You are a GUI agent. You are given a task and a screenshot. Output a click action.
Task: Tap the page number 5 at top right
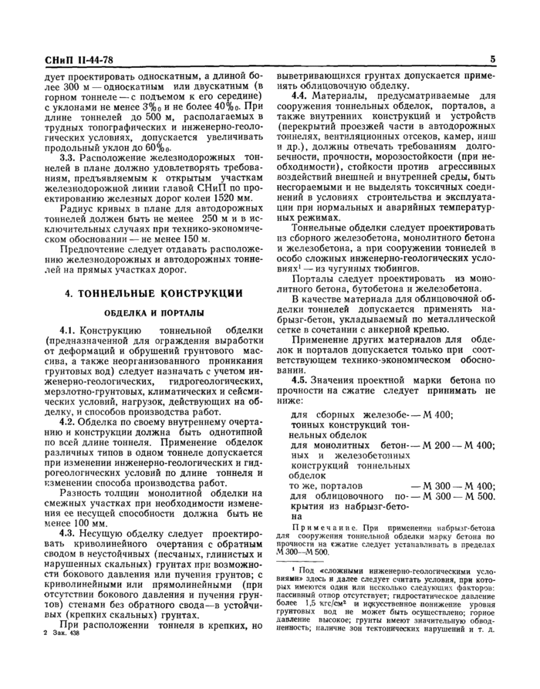coord(491,59)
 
